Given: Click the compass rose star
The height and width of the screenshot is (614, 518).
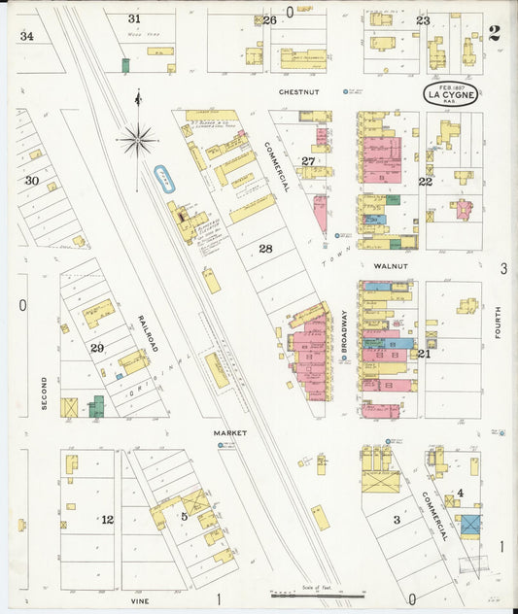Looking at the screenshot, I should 138,141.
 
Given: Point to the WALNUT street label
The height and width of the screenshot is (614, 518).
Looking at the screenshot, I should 388,263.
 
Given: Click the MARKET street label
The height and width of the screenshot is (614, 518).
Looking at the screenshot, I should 230,432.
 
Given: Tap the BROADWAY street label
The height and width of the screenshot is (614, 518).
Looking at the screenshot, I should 344,327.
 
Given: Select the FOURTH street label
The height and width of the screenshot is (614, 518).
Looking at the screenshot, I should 497,323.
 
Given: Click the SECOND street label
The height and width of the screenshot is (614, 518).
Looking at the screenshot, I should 44,392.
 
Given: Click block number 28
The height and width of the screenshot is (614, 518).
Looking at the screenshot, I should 265,249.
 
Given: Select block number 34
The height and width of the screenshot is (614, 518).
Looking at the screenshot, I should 26,36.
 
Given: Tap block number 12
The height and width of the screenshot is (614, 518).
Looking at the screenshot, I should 107,520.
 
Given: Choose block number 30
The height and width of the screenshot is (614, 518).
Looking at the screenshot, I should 32,181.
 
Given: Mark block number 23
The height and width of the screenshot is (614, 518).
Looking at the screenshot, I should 423,20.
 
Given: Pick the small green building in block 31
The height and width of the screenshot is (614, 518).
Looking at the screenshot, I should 125,65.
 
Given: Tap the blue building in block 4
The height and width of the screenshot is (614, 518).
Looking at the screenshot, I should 470,525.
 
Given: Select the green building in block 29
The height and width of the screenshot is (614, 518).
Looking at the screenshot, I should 96,406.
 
